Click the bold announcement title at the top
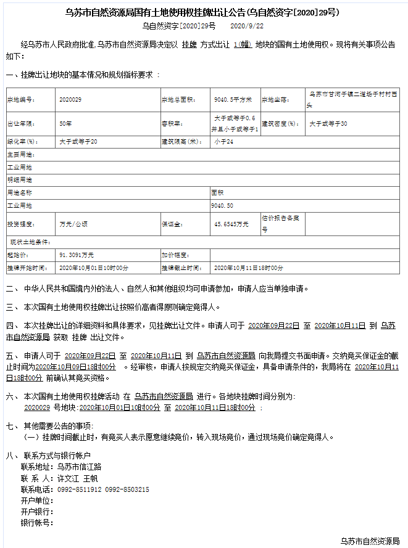click(x=203, y=12)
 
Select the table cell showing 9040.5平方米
click(x=230, y=99)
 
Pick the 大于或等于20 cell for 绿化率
click(x=78, y=142)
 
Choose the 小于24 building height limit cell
click(x=223, y=142)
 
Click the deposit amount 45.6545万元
click(x=231, y=224)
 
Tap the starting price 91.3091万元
click(x=77, y=254)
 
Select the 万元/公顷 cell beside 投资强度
click(x=73, y=224)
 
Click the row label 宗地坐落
click(x=273, y=99)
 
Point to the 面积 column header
click(x=217, y=192)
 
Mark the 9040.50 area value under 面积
click(x=222, y=205)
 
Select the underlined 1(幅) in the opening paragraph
click(x=242, y=45)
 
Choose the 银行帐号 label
click(x=37, y=523)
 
